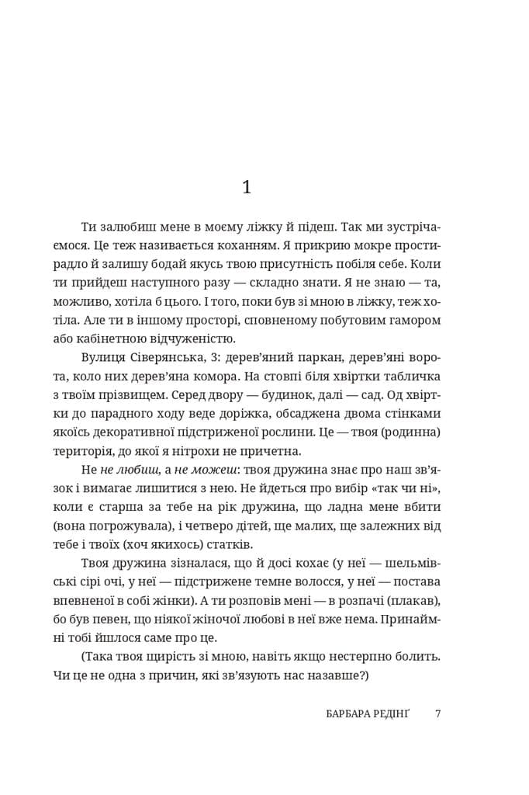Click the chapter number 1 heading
[x=247, y=187]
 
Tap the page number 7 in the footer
[x=438, y=713]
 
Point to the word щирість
[x=178, y=656]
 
